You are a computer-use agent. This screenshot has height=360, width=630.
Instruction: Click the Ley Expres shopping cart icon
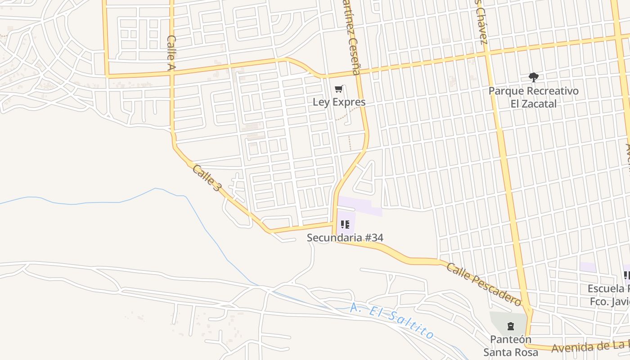[x=339, y=89]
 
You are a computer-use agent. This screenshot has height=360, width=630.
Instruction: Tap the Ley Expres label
[x=339, y=102]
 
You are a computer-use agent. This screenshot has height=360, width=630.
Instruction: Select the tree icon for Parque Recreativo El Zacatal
[x=533, y=77]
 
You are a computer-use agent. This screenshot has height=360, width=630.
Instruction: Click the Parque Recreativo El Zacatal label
[x=533, y=97]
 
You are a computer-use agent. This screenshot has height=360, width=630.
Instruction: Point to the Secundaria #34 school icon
[x=345, y=224]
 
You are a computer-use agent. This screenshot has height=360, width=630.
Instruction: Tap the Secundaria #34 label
[x=345, y=238]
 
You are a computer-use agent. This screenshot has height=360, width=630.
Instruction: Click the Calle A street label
[x=171, y=53]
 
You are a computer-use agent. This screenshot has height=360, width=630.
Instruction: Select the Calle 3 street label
[x=207, y=177]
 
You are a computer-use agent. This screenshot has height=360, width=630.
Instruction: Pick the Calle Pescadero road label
[x=483, y=283]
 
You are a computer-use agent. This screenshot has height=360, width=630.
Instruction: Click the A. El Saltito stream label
[x=391, y=321]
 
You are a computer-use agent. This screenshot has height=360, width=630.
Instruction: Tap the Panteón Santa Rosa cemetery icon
[x=510, y=326]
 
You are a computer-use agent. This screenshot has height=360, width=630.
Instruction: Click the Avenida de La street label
[x=589, y=346]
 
